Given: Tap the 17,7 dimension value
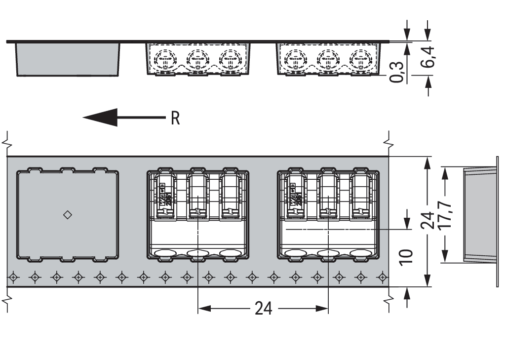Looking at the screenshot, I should [446, 214].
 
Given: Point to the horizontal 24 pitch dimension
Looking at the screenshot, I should [263, 309].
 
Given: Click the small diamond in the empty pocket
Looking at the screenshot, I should [68, 215].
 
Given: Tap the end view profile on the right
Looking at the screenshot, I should [479, 214].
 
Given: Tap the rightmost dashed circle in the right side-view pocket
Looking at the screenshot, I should [359, 60].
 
